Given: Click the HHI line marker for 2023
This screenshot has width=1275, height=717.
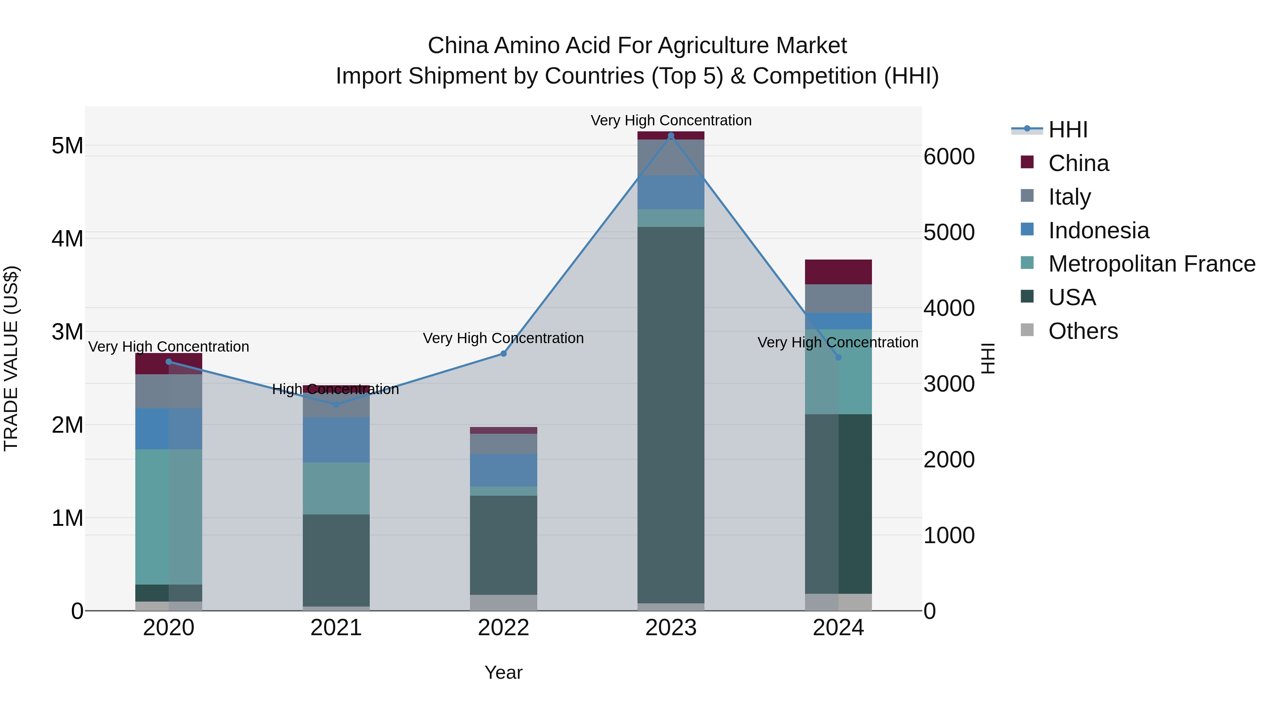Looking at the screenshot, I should pos(671,136).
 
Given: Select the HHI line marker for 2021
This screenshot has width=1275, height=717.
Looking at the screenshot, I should pos(336,404).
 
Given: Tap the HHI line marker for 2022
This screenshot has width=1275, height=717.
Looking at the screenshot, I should pos(503,353).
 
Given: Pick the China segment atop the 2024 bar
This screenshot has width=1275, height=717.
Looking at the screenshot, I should pos(838,272).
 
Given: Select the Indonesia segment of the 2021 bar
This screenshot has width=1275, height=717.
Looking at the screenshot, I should pos(336,439).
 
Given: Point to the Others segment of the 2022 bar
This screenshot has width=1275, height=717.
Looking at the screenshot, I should pos(503,602).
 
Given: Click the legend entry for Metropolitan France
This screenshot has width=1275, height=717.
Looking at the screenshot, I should pos(1151,264).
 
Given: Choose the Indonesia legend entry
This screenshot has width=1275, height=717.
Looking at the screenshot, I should pos(1098,230).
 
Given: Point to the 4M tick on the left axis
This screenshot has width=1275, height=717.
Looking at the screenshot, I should pos(68,239).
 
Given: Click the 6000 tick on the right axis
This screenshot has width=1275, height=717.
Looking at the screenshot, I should pos(949,157).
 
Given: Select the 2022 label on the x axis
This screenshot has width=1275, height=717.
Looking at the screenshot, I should pos(503,628).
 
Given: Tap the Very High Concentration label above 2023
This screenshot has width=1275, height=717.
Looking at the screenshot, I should pos(671,120).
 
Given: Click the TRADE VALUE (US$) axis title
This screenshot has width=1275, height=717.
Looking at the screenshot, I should pos(11,358).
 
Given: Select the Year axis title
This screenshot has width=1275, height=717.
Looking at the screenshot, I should pos(503,672).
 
